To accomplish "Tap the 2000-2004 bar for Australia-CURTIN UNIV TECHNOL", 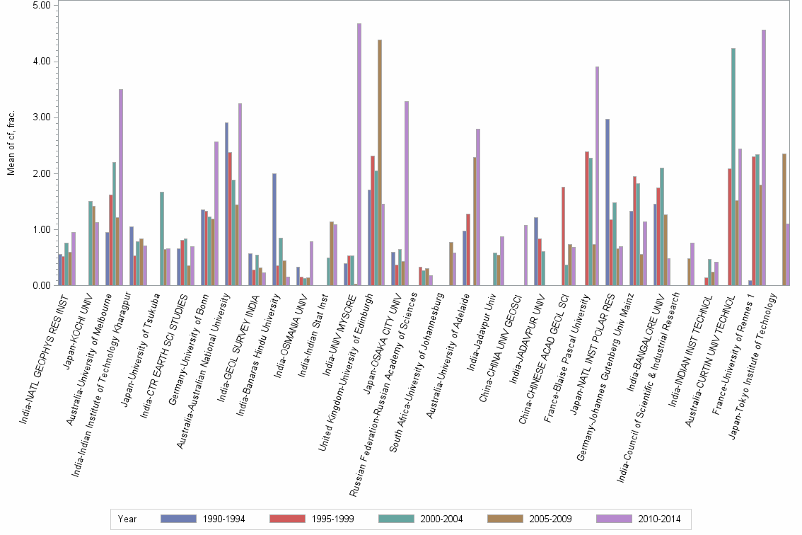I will click(x=733, y=167).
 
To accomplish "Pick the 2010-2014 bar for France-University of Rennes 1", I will click(x=764, y=158).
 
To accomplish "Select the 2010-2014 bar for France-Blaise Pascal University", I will click(x=598, y=176).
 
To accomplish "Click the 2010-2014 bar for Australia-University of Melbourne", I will click(x=121, y=188).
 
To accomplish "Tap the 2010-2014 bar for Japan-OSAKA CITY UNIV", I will click(x=407, y=193).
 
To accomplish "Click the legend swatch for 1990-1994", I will click(x=179, y=519).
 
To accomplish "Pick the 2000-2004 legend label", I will click(x=441, y=519).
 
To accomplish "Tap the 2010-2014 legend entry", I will click(x=658, y=519).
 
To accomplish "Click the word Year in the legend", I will click(x=128, y=519).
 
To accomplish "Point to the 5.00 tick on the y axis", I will click(x=42, y=5).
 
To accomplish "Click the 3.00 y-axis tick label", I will click(x=42, y=117).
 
